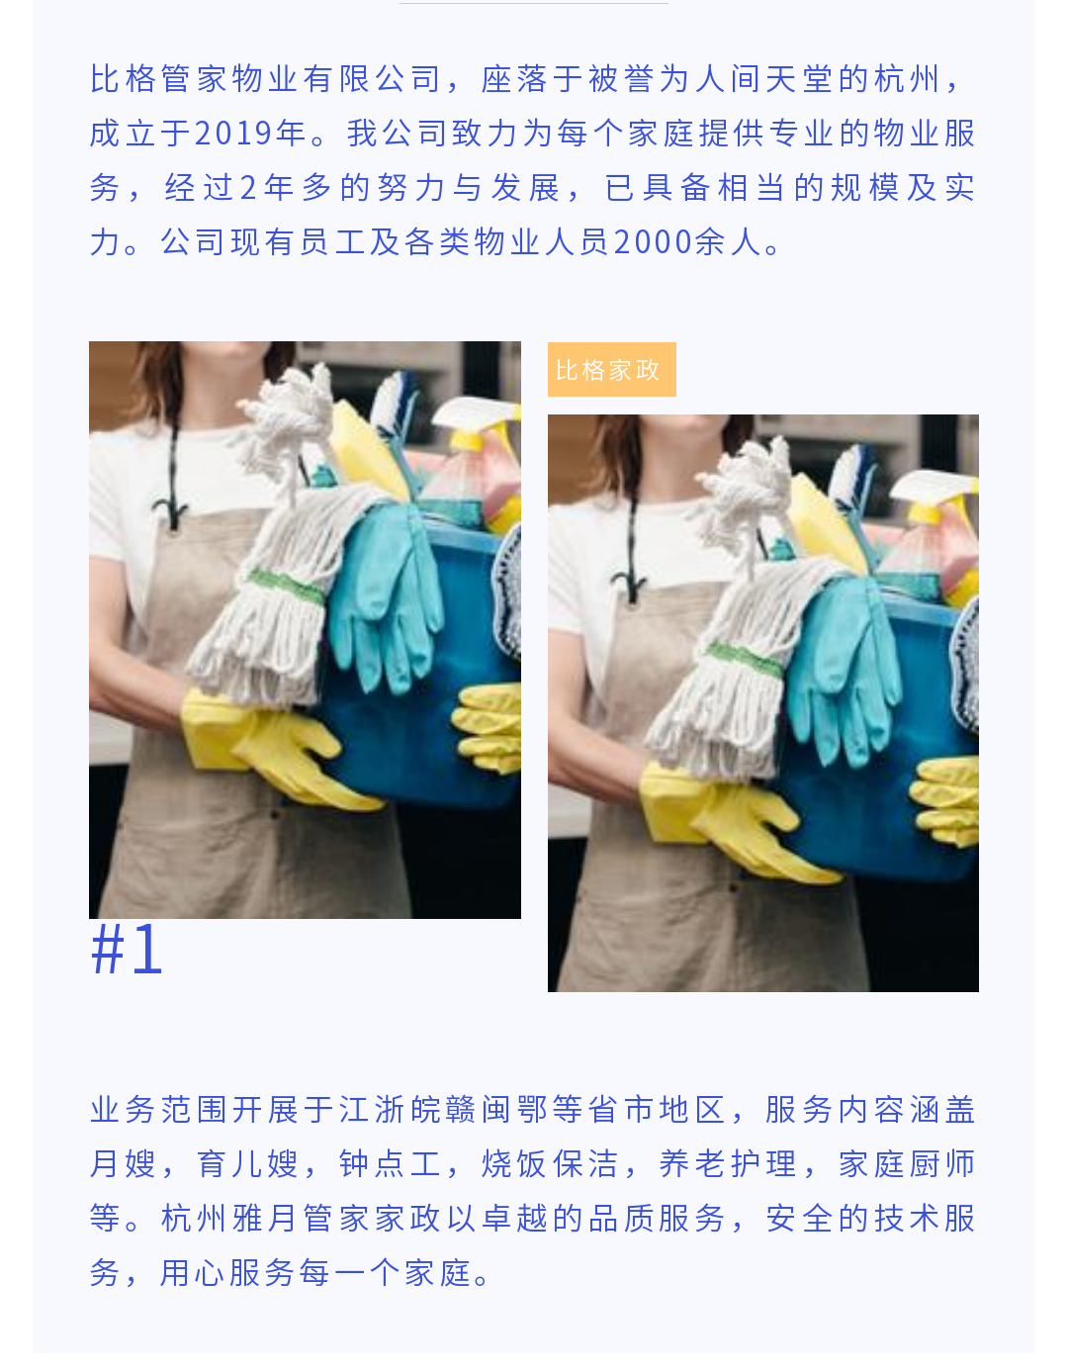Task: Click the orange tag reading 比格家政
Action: [x=611, y=369]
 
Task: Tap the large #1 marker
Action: [x=127, y=950]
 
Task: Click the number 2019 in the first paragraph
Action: [x=233, y=134]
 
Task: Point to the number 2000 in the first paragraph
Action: [x=653, y=241]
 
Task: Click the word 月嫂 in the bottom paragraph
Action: [x=123, y=1163]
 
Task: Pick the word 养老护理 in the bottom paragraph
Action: [x=728, y=1163]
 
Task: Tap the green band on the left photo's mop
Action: [x=286, y=586]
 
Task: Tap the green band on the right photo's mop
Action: [x=745, y=659]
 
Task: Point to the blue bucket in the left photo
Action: [x=435, y=682]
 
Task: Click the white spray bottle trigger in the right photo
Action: [x=935, y=487]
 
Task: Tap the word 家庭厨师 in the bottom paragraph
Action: [x=907, y=1163]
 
